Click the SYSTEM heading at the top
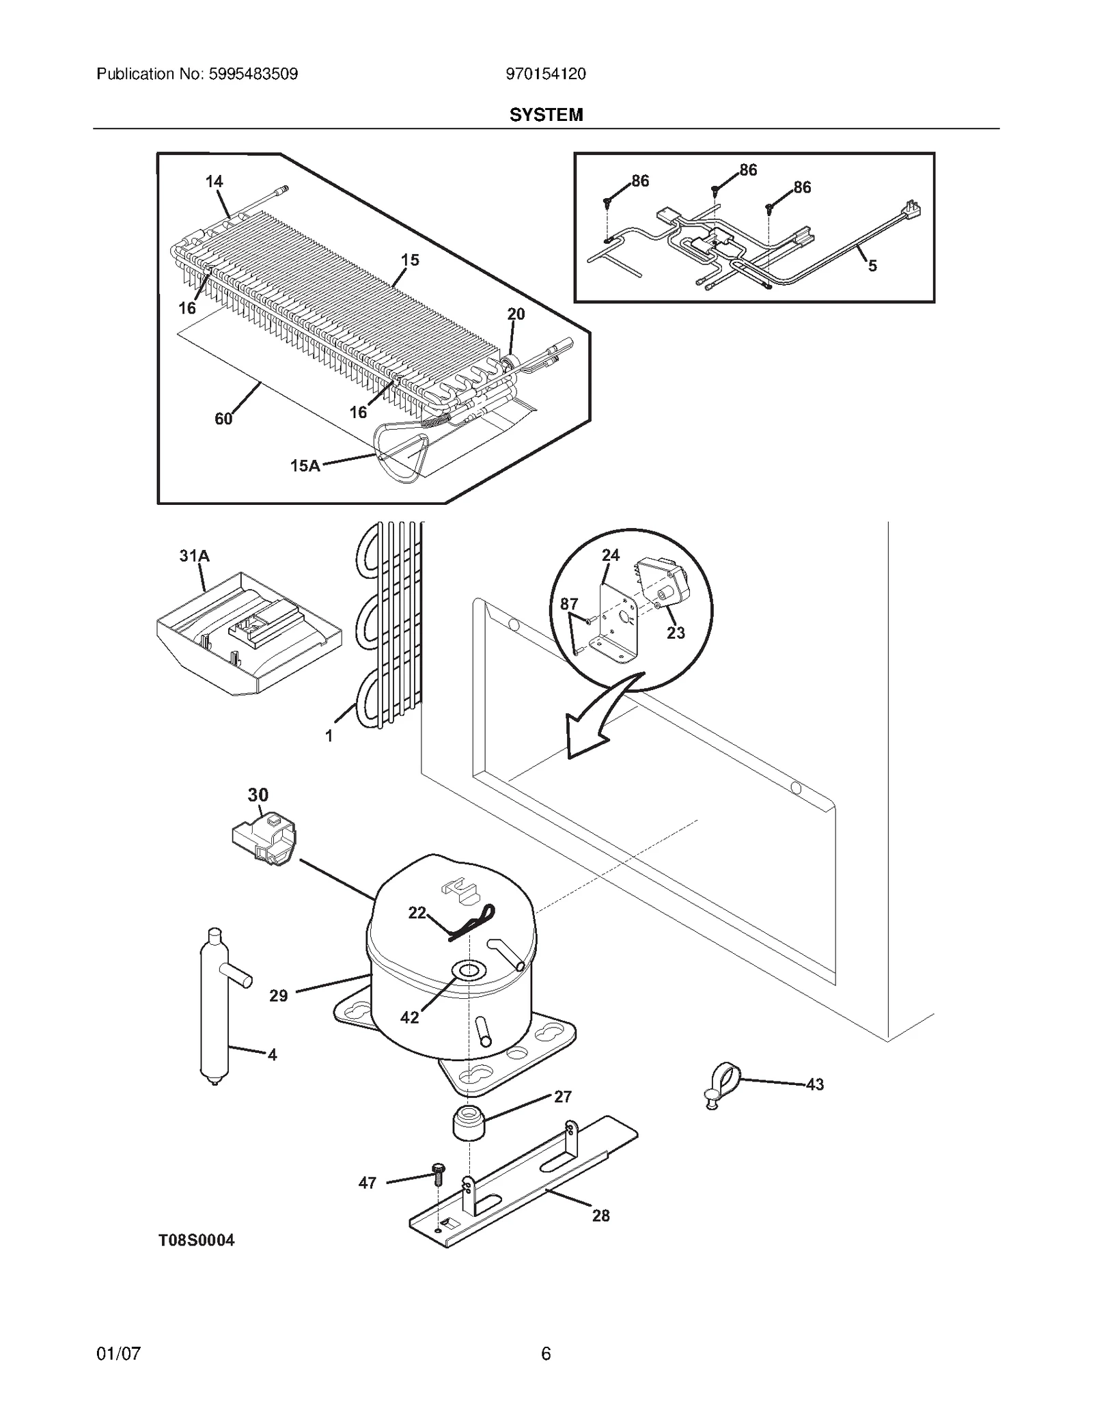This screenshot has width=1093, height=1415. coord(546,115)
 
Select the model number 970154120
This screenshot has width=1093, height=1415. coord(545,74)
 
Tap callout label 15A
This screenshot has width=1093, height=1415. coord(305,466)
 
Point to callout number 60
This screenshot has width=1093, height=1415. coord(223,419)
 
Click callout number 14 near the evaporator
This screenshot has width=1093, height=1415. coord(214,181)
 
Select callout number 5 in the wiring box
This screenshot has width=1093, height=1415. coord(872,266)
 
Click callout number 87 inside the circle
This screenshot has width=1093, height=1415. coord(568,604)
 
